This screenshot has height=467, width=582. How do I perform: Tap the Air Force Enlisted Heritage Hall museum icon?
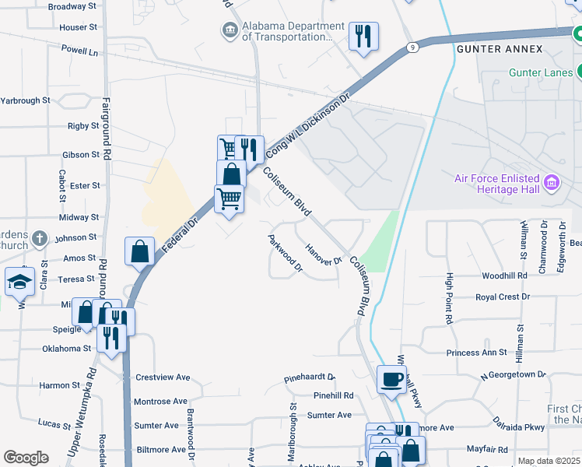point(552,184)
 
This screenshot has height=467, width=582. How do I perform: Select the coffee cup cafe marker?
point(391,379)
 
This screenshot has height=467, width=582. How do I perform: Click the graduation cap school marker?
point(19,282)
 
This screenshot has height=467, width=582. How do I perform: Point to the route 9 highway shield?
point(412,47)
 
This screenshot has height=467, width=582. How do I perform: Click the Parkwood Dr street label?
point(285,255)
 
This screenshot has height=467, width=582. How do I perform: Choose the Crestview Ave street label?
point(163,377)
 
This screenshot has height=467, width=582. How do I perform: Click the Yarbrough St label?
point(25,100)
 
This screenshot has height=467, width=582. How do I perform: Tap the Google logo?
point(26,458)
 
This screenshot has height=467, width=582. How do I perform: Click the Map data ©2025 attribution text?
point(549,461)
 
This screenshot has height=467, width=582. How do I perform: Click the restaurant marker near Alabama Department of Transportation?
point(363,36)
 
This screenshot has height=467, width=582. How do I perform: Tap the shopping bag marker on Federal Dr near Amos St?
point(139,251)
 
